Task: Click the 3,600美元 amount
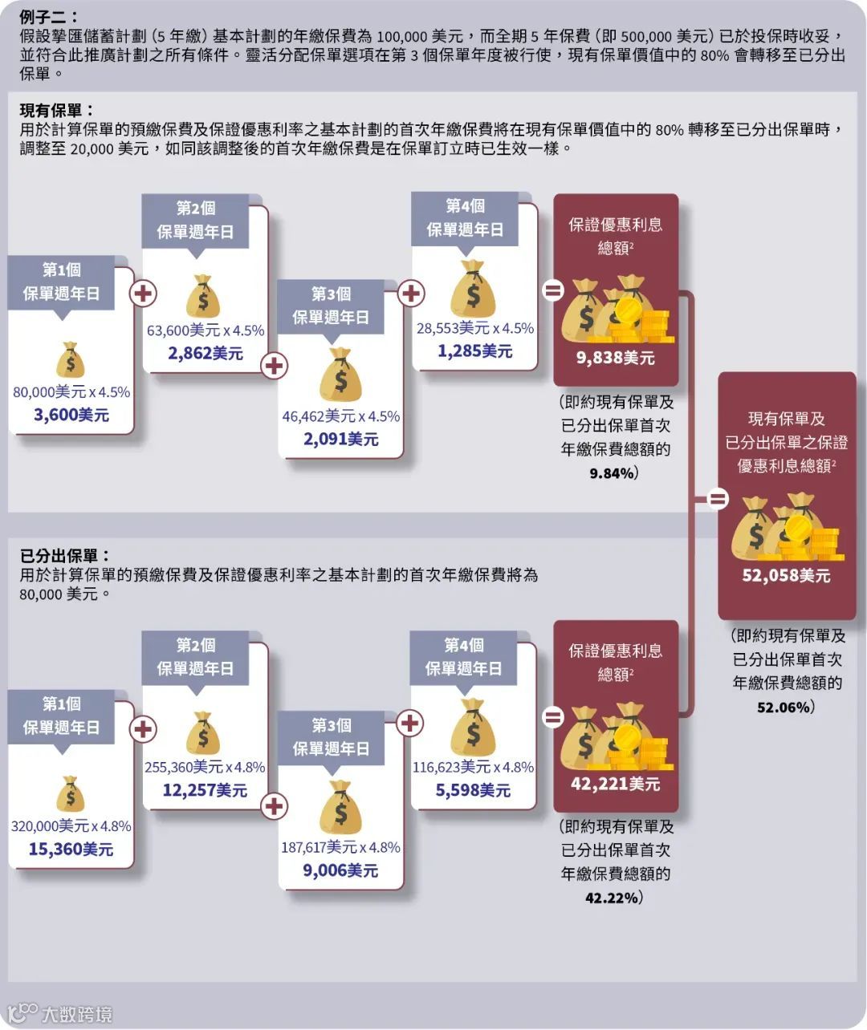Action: pos(71,415)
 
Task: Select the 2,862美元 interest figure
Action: pos(206,353)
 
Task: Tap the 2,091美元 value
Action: pos(340,439)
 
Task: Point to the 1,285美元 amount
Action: pos(474,351)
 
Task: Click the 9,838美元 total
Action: pos(616,358)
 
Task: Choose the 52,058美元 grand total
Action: pos(786,575)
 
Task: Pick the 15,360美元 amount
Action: pos(71,849)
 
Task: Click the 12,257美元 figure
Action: pos(205,790)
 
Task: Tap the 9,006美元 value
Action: pos(340,870)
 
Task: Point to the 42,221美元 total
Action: pos(615,783)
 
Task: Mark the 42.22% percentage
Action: pos(613,898)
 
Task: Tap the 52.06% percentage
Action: pos(785,707)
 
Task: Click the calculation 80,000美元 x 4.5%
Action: pos(71,391)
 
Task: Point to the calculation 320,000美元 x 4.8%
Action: pos(71,825)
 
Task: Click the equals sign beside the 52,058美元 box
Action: pos(717,500)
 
